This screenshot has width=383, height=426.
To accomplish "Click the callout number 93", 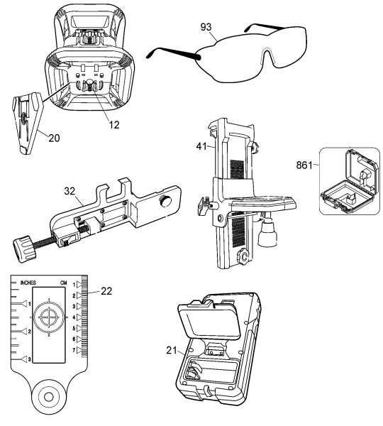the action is [206, 27].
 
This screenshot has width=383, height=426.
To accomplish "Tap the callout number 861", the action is [304, 165].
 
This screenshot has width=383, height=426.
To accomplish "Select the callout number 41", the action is [201, 146].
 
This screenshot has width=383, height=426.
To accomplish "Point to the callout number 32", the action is [70, 191].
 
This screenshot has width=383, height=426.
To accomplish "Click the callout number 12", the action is [114, 125].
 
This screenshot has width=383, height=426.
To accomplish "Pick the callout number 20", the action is [54, 138].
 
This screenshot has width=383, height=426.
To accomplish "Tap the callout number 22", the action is [106, 291].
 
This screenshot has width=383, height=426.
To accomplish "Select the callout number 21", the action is [172, 351].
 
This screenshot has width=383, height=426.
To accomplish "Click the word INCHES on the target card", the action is [28, 283].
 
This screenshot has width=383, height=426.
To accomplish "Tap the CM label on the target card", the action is [63, 283].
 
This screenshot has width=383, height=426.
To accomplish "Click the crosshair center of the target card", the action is [49, 317].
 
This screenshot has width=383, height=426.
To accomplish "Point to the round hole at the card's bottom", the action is [49, 397].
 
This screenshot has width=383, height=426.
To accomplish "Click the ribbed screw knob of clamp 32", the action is [23, 248].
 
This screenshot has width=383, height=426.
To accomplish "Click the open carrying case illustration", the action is [350, 182].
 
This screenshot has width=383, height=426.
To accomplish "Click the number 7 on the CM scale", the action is [74, 351].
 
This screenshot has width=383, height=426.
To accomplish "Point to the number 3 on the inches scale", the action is [30, 360].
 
